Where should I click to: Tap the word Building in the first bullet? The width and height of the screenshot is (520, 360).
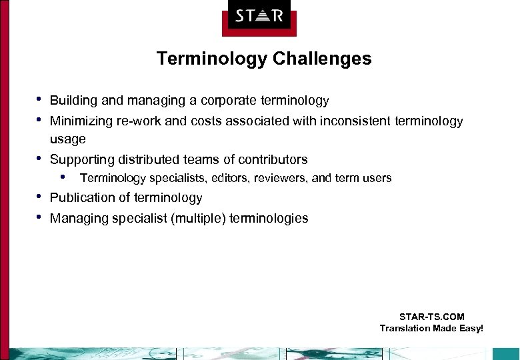[73, 101]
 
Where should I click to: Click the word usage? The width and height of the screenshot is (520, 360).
[68, 139]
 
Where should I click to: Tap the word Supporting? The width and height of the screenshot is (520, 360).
[82, 159]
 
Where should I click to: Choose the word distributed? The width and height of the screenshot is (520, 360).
[149, 159]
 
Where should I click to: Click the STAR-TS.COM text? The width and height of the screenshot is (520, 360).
[431, 317]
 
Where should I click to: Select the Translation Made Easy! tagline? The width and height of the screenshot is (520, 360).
[431, 328]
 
